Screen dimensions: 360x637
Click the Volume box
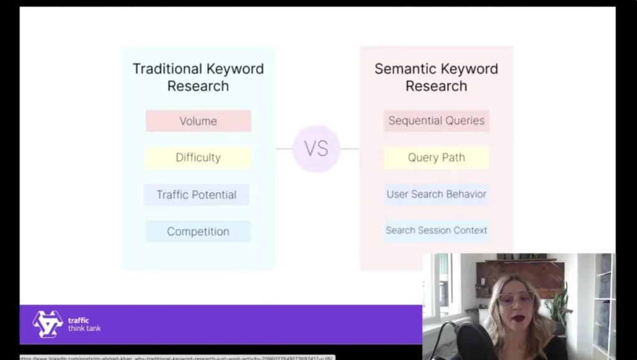pyautogui.click(x=198, y=121)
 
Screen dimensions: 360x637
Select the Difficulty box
pyautogui.click(x=198, y=158)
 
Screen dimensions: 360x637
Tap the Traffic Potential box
pyautogui.click(x=197, y=195)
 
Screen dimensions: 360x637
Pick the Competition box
pyautogui.click(x=198, y=231)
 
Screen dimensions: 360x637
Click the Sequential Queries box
pyautogui.click(x=436, y=121)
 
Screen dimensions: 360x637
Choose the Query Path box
pyautogui.click(x=436, y=157)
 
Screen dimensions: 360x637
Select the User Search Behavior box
pyautogui.click(x=436, y=194)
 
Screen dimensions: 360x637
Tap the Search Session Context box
pyautogui.click(x=436, y=231)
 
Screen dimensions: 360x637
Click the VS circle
pyautogui.click(x=316, y=149)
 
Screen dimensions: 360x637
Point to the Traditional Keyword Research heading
pyautogui.click(x=198, y=77)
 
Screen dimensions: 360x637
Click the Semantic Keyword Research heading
pyautogui.click(x=436, y=77)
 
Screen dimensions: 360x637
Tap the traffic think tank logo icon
pyautogui.click(x=48, y=324)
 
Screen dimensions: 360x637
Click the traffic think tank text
pyautogui.click(x=84, y=325)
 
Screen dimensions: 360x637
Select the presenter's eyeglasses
pyautogui.click(x=516, y=298)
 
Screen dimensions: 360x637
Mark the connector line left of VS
pyautogui.click(x=284, y=149)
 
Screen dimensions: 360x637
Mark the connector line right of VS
pyautogui.click(x=350, y=149)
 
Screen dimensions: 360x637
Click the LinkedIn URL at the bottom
pyautogui.click(x=177, y=358)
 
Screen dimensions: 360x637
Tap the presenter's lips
pyautogui.click(x=518, y=318)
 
